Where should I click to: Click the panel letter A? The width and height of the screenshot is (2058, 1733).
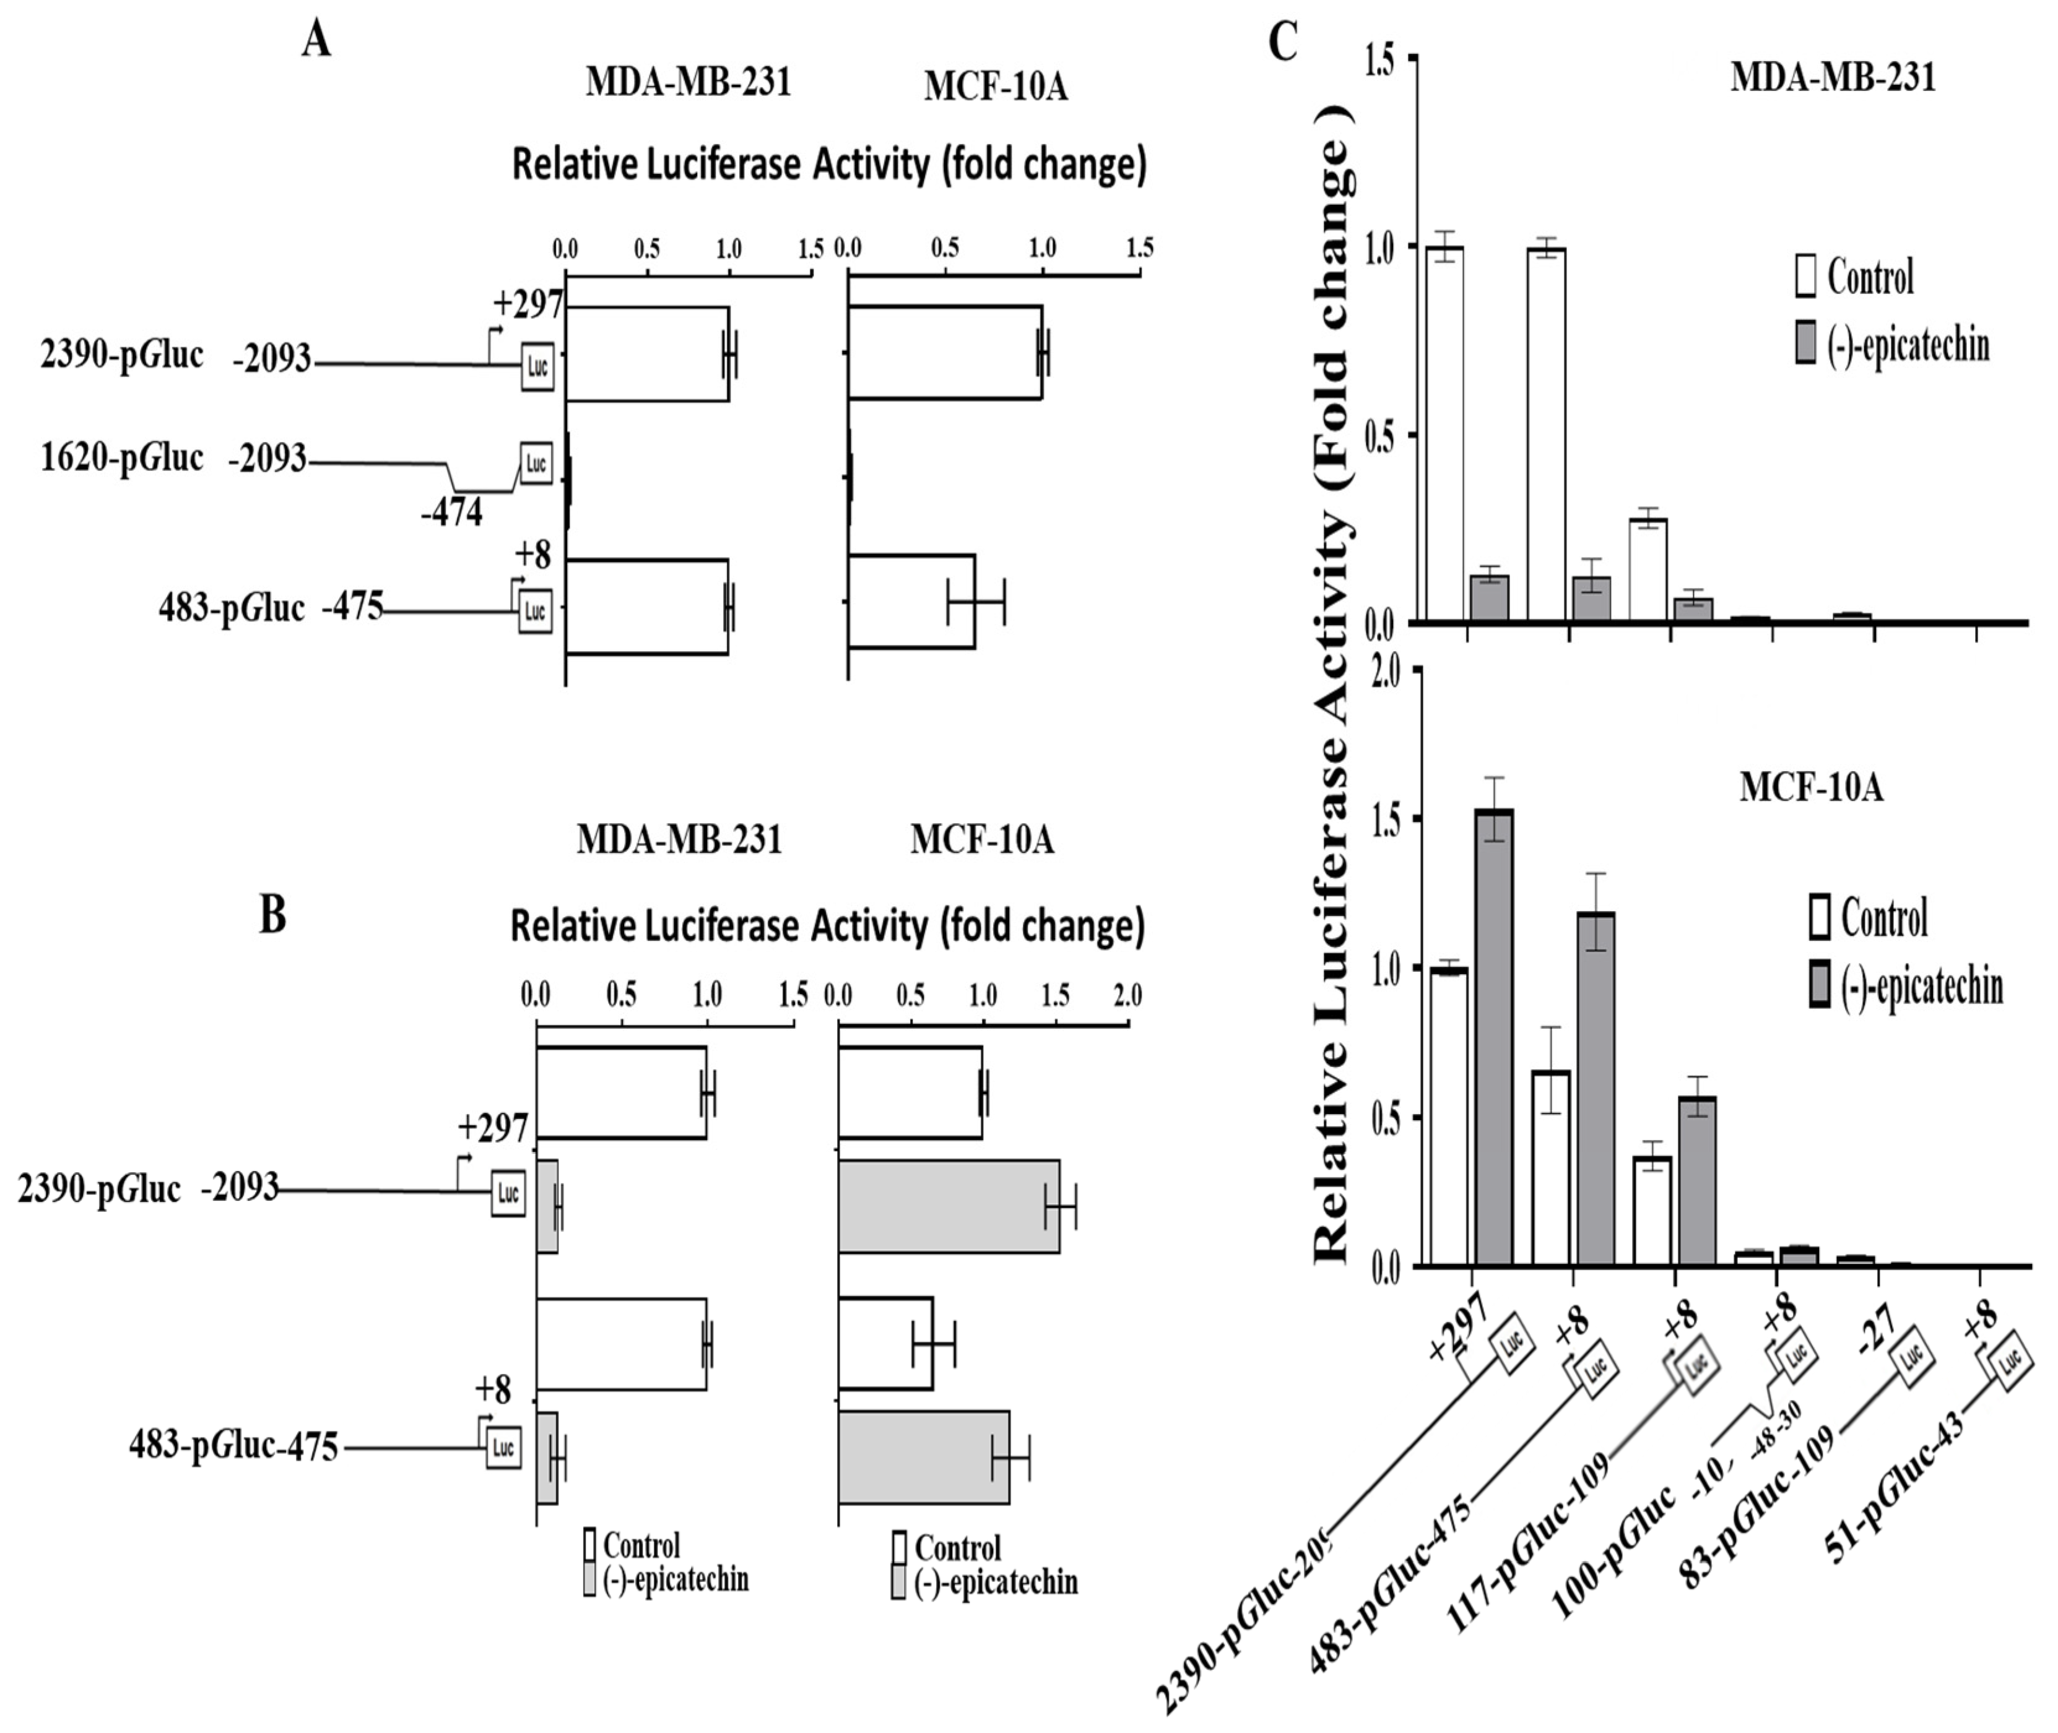(316, 41)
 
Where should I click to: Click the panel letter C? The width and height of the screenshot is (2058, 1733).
(1283, 41)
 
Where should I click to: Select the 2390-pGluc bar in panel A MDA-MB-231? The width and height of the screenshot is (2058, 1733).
(647, 353)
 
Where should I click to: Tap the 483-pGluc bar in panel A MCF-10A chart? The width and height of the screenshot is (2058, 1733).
(911, 601)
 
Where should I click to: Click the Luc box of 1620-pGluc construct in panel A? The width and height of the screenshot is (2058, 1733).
(536, 463)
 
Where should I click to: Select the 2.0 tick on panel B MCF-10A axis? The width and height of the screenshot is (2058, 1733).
(1126, 996)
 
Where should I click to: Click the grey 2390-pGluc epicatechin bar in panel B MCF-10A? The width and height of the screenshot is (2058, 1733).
(949, 1206)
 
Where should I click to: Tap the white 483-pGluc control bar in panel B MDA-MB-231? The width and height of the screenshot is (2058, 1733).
(621, 1344)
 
